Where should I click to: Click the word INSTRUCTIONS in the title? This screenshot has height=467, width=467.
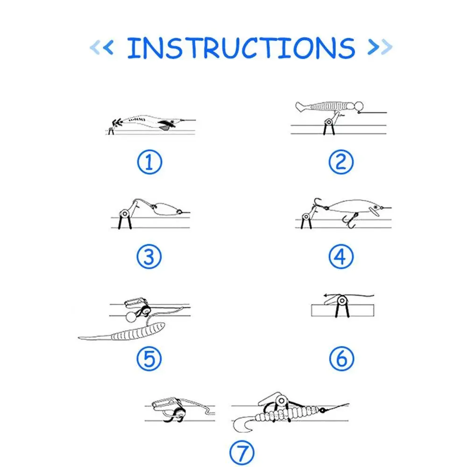click(241, 48)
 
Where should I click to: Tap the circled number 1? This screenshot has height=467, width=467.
click(149, 162)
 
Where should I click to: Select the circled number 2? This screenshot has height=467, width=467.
click(341, 162)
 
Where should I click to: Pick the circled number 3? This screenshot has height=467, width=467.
click(149, 257)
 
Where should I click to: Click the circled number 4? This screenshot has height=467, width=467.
click(341, 257)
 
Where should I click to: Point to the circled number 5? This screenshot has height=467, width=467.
click(149, 358)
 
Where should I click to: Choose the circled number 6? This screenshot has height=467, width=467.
click(342, 358)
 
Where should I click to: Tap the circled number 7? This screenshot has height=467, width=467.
click(242, 453)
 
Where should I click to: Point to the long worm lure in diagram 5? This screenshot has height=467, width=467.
click(122, 333)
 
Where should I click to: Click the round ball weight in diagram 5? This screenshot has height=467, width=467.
click(131, 317)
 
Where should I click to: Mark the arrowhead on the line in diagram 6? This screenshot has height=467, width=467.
click(326, 296)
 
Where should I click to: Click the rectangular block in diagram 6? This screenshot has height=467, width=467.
click(342, 311)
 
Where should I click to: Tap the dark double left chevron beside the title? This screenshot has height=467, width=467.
click(109, 47)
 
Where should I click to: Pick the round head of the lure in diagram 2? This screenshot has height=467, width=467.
click(359, 106)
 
